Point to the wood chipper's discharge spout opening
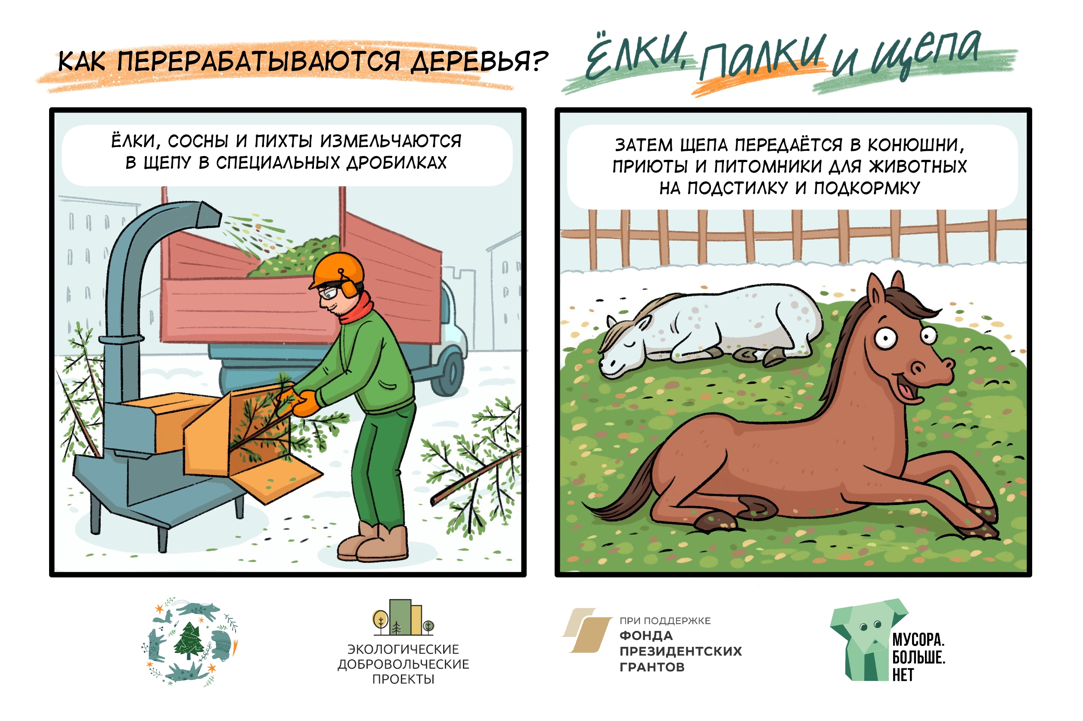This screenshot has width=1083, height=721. (x=211, y=214)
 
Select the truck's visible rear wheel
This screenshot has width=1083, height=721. (x=448, y=373)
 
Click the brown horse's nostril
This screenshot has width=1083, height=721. (x=918, y=368)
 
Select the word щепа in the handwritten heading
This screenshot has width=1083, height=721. (x=926, y=54)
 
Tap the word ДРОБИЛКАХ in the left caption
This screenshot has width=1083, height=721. (x=397, y=163)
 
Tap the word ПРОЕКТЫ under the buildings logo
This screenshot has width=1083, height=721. (x=403, y=679)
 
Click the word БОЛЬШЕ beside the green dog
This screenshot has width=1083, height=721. (x=919, y=658)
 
